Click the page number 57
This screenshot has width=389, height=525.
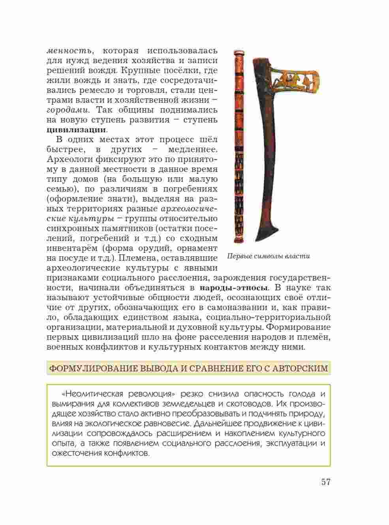[325, 482]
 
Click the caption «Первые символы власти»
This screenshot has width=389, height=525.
[269, 256]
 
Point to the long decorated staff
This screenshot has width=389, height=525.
[239, 146]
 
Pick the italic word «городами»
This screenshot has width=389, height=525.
[68, 110]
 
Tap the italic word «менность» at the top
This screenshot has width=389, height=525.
[70, 51]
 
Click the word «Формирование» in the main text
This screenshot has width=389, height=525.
[300, 327]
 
